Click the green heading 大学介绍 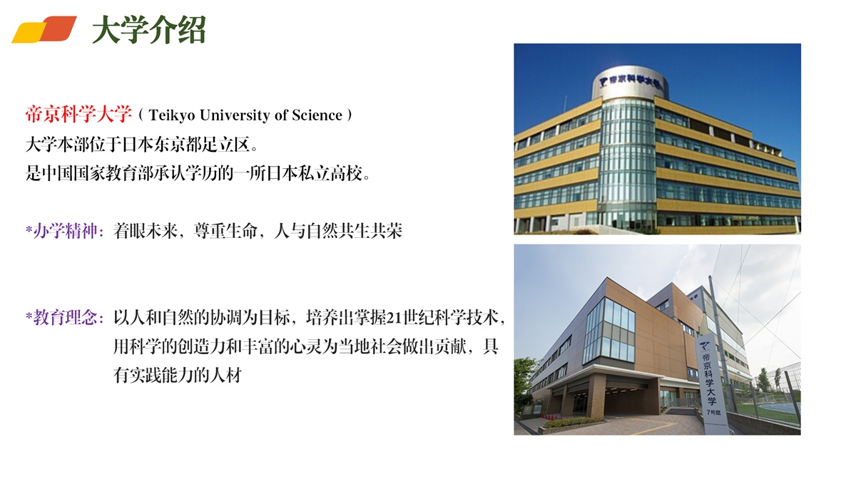149,29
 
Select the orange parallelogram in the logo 58,28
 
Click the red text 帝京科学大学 78,115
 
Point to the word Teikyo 172,115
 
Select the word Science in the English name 317,115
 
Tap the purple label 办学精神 65,231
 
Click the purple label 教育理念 65,318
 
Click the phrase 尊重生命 225,231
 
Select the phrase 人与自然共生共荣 338,231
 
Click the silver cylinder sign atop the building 630,83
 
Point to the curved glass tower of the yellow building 628,164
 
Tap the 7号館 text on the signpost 713,413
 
